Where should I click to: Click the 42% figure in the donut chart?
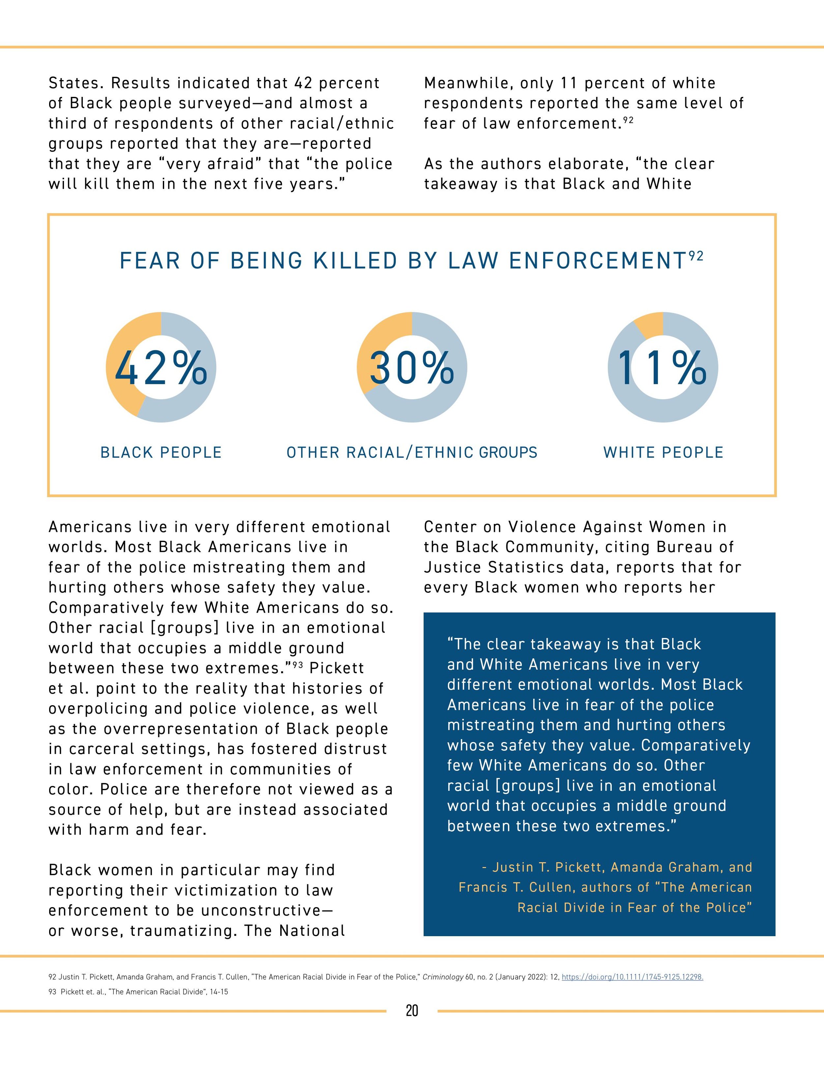(161, 367)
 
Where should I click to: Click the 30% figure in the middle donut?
(412, 367)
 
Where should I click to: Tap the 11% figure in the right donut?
(662, 367)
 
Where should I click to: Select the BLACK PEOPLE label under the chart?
(161, 452)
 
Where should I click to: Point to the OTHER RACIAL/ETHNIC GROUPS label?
(412, 452)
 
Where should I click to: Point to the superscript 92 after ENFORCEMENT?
(696, 256)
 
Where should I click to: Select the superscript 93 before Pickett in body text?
(297, 663)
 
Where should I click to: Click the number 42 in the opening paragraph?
(303, 83)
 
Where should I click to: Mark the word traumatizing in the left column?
(182, 931)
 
